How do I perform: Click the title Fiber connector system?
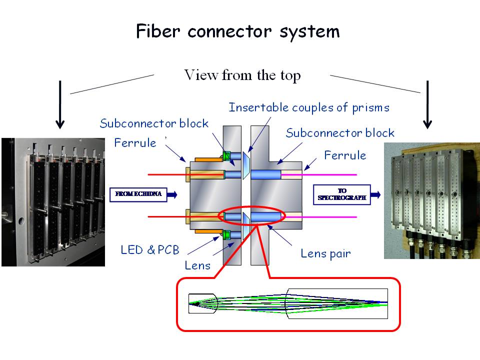pyautogui.click(x=238, y=31)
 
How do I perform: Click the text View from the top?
pyautogui.click(x=242, y=75)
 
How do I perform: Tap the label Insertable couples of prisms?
pyautogui.click(x=309, y=107)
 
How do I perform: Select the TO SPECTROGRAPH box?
pyautogui.click(x=342, y=194)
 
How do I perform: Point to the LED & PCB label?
pyautogui.click(x=150, y=249)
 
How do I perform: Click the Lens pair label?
pyautogui.click(x=325, y=253)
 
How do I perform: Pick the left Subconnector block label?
pyautogui.click(x=153, y=123)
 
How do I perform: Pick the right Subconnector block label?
pyautogui.click(x=340, y=133)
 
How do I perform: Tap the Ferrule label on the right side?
pyautogui.click(x=345, y=155)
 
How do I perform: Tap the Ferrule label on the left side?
pyautogui.click(x=135, y=143)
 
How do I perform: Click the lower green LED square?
pyautogui.click(x=227, y=234)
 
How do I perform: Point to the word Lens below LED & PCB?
pyautogui.click(x=198, y=265)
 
